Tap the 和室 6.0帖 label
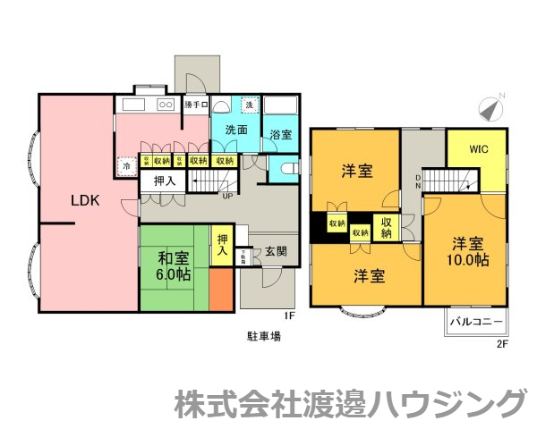click(174, 266)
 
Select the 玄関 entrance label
click(276, 252)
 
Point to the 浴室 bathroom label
click(281, 135)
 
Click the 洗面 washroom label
click(236, 130)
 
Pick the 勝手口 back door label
click(195, 105)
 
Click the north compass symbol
click(490, 108)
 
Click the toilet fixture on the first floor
click(286, 169)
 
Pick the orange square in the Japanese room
click(220, 290)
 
